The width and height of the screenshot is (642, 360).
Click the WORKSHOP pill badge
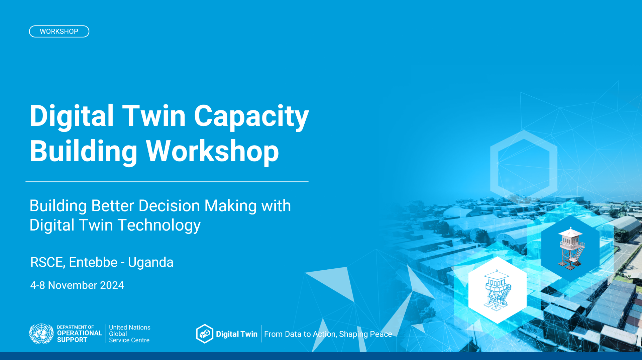[59, 31]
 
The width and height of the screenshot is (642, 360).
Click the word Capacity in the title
[251, 116]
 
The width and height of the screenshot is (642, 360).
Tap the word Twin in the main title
[154, 116]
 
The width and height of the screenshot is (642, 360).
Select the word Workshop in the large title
[212, 152]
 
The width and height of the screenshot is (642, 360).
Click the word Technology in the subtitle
[159, 226]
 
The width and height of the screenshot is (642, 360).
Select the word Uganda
[151, 263]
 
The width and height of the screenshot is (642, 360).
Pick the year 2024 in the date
[112, 285]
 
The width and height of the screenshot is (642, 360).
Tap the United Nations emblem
[41, 334]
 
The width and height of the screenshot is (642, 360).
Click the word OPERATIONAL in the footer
[80, 333]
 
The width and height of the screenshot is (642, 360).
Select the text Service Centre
[129, 340]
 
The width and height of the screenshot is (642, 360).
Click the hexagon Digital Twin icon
[205, 334]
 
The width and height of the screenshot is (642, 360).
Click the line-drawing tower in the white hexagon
[498, 290]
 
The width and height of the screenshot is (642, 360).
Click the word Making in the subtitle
[231, 206]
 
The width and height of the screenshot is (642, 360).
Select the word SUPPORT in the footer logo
[72, 340]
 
